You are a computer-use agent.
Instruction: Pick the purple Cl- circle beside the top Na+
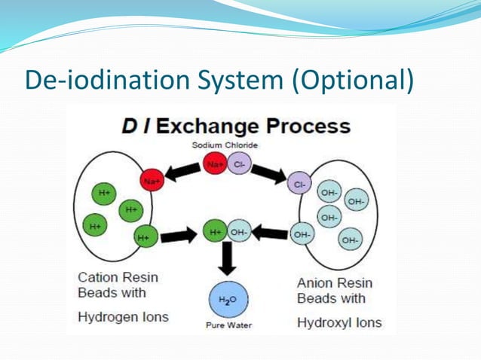click(x=239, y=163)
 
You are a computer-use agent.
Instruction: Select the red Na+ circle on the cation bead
click(x=152, y=181)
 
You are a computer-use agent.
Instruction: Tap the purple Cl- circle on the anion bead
click(x=299, y=183)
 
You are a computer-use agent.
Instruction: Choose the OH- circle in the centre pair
click(x=238, y=233)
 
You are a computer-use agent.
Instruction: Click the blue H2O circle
click(x=228, y=300)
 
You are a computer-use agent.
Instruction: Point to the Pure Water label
click(x=228, y=325)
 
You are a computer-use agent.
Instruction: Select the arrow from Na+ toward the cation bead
click(x=183, y=172)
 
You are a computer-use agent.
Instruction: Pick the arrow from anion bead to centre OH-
click(x=269, y=233)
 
